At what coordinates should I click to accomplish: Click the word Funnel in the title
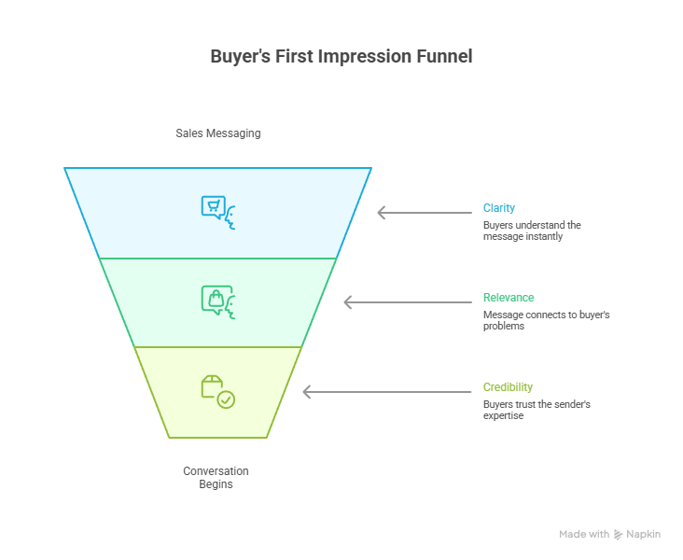coord(444,56)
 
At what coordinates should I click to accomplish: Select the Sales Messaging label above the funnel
coord(218,133)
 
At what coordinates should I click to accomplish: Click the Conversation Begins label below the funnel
coord(216,478)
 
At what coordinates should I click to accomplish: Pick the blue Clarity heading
coord(499,208)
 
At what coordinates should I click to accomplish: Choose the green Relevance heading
coord(509,297)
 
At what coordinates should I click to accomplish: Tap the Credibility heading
coord(508,387)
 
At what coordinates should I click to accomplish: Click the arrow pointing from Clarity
coord(425,213)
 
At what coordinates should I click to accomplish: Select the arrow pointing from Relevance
coord(408,302)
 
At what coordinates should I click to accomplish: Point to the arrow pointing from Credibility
coord(387,392)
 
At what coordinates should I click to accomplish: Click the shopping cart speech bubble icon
coord(214,207)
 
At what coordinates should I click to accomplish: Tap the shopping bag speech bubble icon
coord(216,300)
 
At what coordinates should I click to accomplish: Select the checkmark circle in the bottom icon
coord(226,399)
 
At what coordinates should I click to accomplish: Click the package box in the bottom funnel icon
coord(212,386)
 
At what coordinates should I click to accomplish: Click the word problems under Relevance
coord(504,327)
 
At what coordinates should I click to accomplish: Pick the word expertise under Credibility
coord(503,415)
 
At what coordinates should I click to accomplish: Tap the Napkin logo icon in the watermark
coord(618,535)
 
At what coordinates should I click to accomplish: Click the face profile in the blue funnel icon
coord(230,217)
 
